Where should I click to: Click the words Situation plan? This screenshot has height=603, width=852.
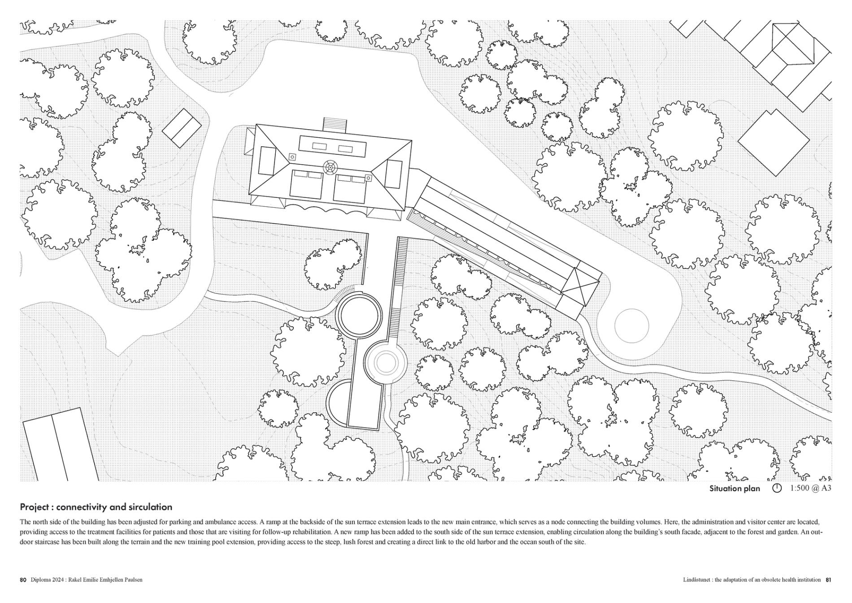point(735,489)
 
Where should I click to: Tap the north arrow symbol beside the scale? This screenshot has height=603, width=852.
point(777,488)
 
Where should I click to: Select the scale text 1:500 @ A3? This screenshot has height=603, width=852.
point(810,488)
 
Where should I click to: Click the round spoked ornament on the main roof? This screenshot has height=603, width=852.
point(330,168)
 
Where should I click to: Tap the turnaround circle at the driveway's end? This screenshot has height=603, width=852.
point(631,326)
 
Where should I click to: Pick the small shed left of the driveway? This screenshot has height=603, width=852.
point(182,128)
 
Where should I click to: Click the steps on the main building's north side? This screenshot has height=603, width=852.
point(335,124)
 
